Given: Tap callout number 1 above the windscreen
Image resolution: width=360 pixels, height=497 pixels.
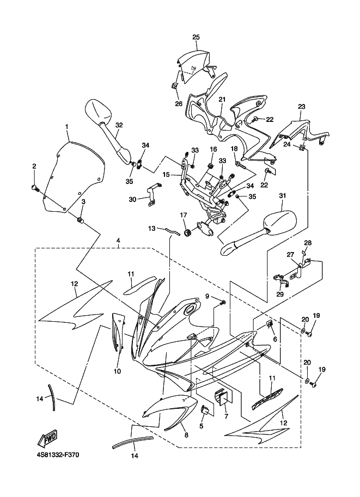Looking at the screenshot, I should pos(66,127).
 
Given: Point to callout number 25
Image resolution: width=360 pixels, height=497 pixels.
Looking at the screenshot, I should pos(196,37).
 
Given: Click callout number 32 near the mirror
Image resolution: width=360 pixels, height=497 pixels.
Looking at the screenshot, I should pos(119,125).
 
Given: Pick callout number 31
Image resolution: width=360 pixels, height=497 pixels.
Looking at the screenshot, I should pos(282,196).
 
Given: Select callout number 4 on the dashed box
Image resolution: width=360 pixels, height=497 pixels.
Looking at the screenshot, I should pos(118,240).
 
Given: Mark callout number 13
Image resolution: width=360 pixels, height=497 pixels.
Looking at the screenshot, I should pos(152,229).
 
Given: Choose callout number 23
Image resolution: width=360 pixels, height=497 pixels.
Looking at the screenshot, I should pos(301,107).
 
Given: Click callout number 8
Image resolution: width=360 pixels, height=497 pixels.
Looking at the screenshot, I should pos(186,435).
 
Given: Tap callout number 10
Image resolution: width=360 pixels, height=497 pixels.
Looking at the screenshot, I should pos(117,372).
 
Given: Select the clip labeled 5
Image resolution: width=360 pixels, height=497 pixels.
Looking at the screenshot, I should pos(205,409).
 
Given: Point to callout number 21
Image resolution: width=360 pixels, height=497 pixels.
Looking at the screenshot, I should pos(222,100).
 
